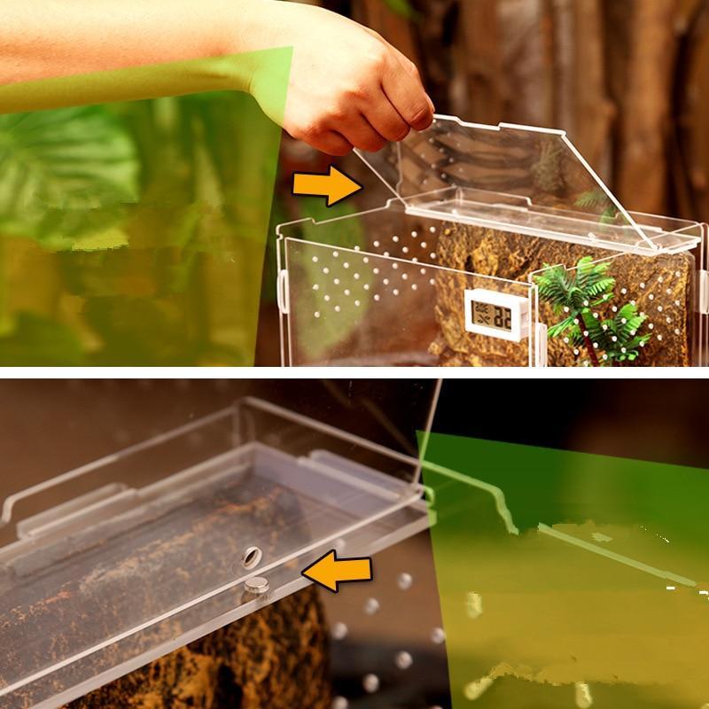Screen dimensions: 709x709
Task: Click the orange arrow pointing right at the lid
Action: [326, 184]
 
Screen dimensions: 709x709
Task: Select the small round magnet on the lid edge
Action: [257, 583]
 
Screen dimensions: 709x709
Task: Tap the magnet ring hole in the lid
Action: [251, 557]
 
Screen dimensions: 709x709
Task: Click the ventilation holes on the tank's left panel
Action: [354, 284]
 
